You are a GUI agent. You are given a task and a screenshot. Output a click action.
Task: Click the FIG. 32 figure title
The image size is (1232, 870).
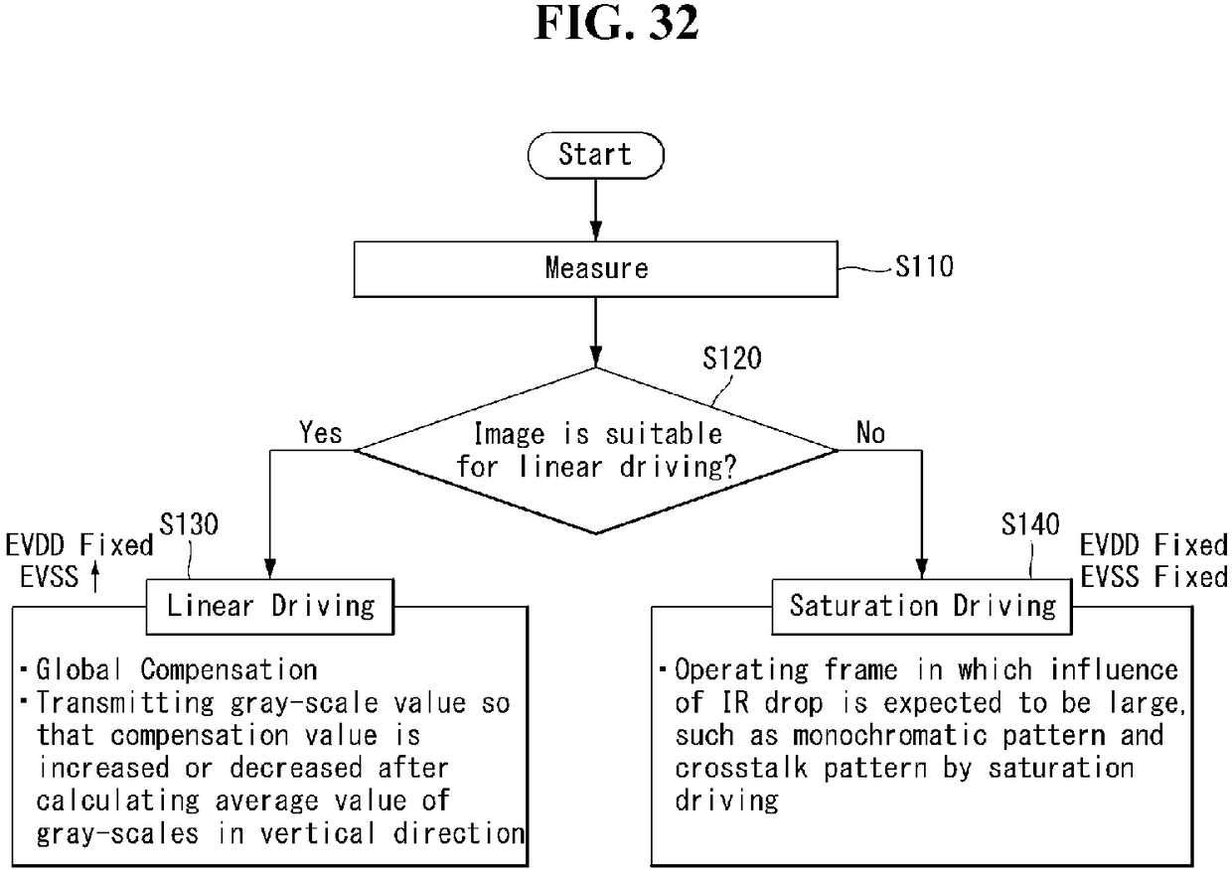point(616,23)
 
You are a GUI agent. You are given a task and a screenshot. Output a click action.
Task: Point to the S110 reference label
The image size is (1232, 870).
point(924,267)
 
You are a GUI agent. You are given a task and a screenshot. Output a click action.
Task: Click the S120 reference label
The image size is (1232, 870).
point(732,359)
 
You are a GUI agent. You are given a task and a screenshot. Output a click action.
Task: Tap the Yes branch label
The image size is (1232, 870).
point(320,432)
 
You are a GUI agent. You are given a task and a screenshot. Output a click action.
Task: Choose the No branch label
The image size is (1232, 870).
point(870,432)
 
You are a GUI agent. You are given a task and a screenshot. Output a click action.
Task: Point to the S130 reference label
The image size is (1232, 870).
point(189,524)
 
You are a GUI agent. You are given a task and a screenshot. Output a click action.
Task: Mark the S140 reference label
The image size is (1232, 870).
point(1030,524)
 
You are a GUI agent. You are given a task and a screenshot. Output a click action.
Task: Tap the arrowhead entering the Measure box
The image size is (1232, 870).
point(596,231)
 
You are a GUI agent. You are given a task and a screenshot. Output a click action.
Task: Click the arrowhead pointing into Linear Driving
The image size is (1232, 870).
point(270,569)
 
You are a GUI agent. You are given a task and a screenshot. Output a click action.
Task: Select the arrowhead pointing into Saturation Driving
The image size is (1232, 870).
point(922,569)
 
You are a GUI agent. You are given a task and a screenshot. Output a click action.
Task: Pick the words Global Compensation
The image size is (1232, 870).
point(177,669)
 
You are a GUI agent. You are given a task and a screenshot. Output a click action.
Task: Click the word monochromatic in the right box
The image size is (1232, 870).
point(890,735)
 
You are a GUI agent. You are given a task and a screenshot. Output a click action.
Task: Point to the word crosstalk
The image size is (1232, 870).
point(741,768)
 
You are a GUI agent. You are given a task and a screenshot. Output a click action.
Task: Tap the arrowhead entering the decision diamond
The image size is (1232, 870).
point(596,358)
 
